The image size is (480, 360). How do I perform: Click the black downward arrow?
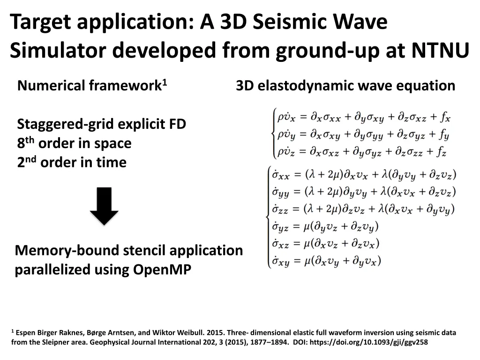pyautogui.click(x=104, y=206)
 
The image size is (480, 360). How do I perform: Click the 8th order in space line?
pyautogui.click(x=74, y=143)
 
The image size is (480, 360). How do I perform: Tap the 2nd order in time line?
pyautogui.click(x=72, y=163)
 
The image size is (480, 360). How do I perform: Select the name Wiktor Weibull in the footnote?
pyautogui.click(x=176, y=333)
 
